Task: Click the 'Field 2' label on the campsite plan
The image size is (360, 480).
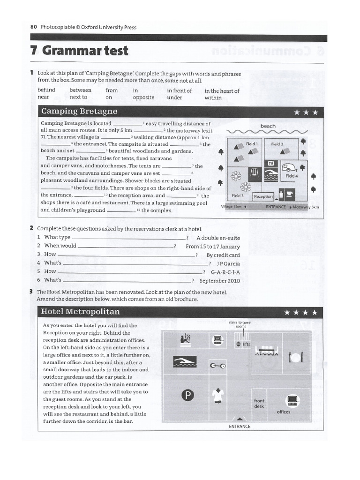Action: point(277,144)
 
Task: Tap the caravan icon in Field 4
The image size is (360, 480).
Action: point(288,167)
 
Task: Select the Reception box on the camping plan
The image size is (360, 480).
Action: point(263,196)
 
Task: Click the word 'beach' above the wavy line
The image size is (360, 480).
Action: point(268,126)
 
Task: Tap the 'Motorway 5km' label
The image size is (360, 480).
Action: point(306,206)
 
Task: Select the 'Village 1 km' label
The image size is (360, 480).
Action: point(233,206)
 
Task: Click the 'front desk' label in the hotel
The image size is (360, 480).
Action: point(259,403)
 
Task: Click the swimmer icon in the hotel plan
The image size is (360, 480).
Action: point(184,361)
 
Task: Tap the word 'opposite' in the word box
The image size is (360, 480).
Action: point(143,97)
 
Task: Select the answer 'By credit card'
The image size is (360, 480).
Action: point(223,255)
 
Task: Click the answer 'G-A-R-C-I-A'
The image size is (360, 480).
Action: point(225,272)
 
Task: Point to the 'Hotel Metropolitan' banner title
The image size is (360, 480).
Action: point(80,312)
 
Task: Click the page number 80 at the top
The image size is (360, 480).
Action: point(33,27)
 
